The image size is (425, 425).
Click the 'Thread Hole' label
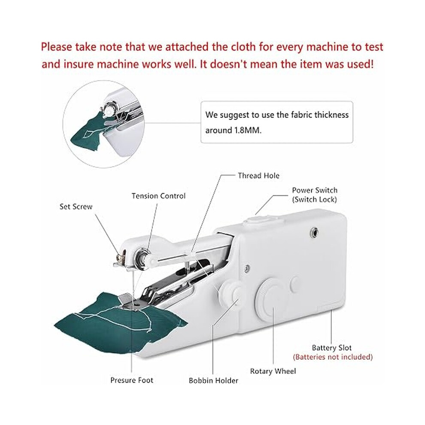point(258,176)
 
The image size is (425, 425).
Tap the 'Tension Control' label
point(158,196)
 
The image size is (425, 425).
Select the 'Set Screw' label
point(76,206)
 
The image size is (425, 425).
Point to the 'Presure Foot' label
point(132,380)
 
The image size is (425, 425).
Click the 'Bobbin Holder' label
point(214,380)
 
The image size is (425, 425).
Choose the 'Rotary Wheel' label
point(273,371)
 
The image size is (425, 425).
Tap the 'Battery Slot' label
point(332,348)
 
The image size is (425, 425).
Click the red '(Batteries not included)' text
point(333,357)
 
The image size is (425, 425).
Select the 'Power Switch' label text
point(315,190)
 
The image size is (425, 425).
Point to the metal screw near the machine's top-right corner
point(314,233)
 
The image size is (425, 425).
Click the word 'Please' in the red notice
point(56,47)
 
